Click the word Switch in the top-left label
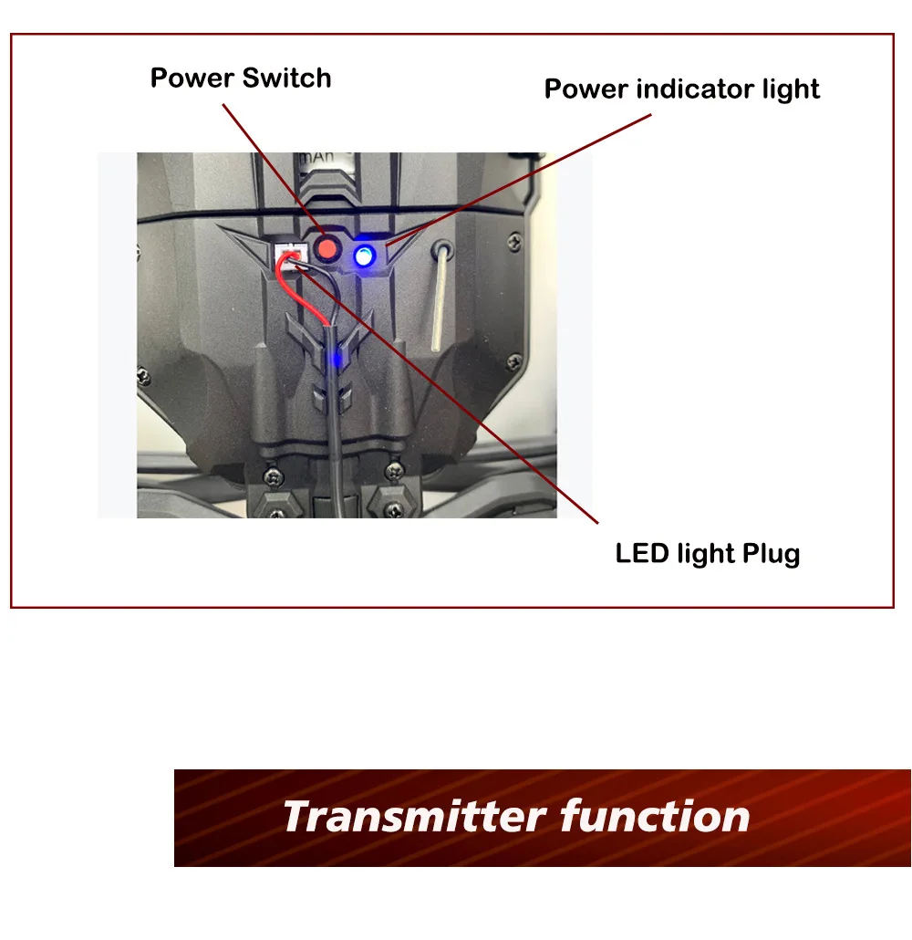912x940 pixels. click(289, 78)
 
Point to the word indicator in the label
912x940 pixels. click(691, 89)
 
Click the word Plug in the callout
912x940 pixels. click(771, 554)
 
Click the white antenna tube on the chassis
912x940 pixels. click(439, 301)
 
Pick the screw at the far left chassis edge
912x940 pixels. click(143, 374)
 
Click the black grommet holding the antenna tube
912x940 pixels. click(443, 248)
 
